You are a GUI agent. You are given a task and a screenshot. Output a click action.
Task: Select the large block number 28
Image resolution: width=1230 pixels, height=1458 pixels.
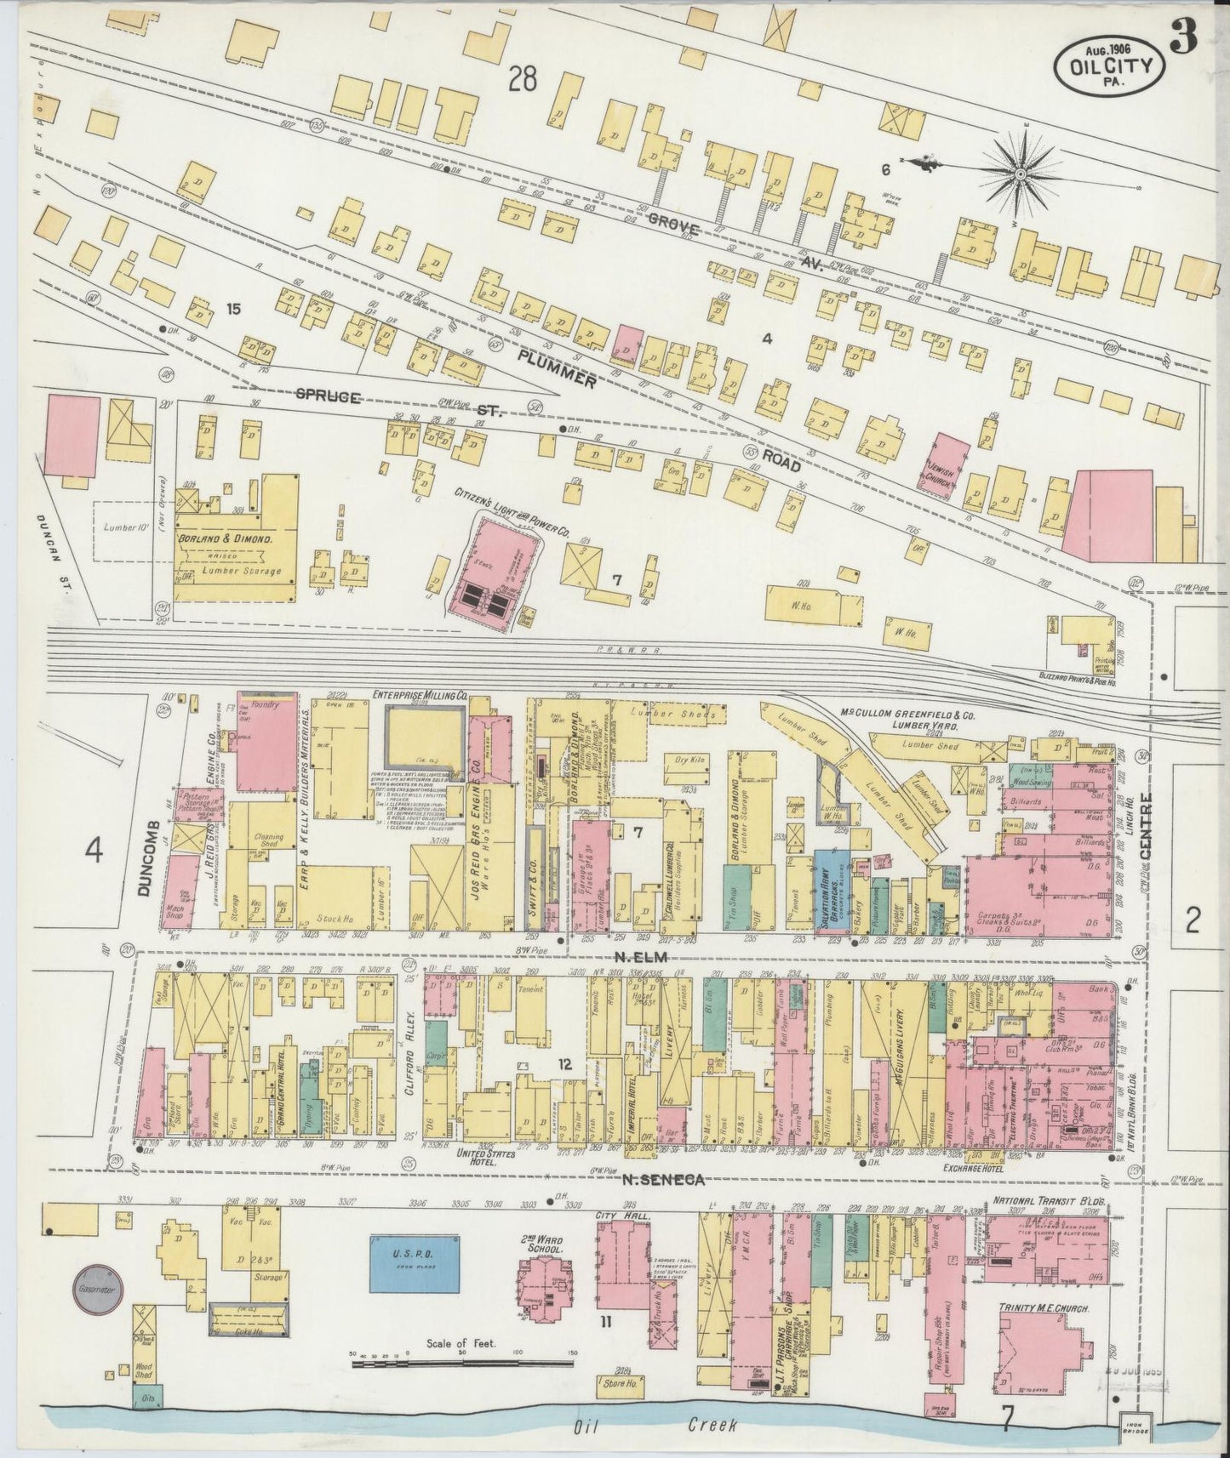[523, 80]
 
